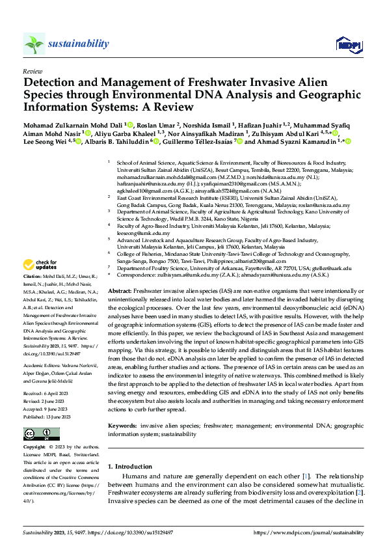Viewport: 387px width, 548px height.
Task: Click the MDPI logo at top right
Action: coord(348,44)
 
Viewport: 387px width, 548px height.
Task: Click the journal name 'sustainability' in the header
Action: coord(79,43)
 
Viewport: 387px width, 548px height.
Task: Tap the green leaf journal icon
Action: coord(34,44)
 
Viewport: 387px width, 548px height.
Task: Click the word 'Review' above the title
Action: coord(33,70)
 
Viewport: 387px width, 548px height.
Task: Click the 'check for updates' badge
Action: coord(39,264)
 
